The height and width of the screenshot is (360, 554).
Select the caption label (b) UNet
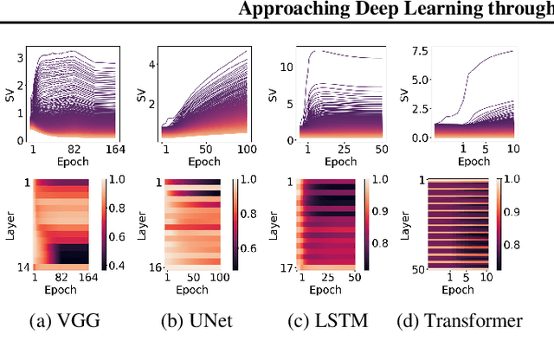coord(193,322)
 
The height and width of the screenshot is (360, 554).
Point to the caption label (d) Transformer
coord(459,322)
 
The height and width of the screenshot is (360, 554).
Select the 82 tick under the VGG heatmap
coord(72,276)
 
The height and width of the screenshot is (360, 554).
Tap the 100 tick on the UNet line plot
coord(246,150)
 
